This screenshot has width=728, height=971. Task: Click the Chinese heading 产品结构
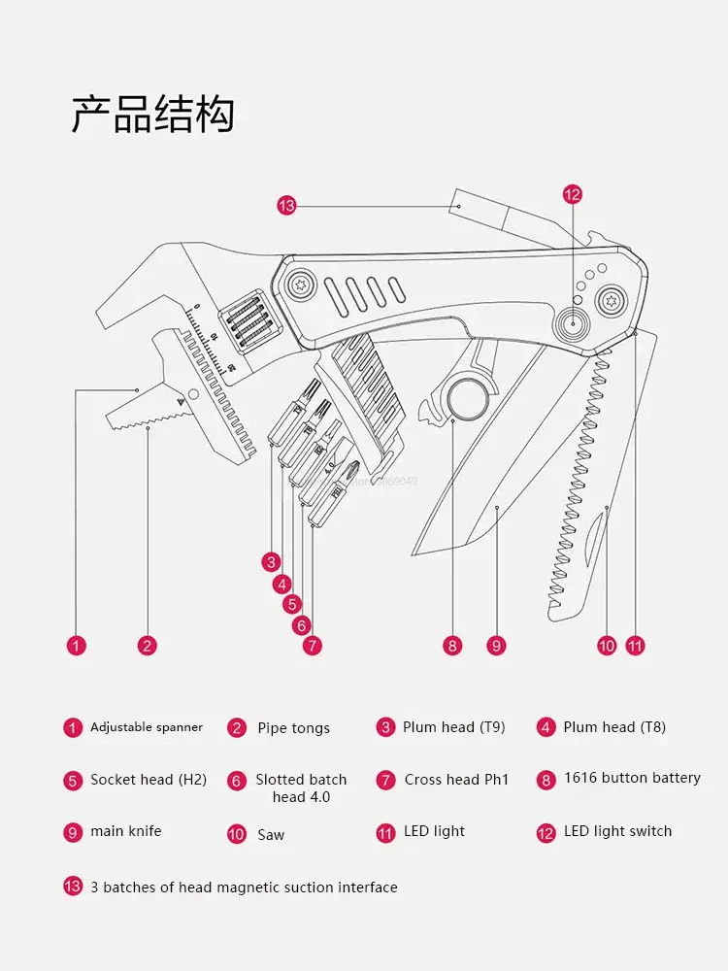point(152,115)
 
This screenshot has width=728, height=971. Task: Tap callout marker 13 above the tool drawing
point(285,205)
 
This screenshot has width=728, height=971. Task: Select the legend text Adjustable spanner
point(147,727)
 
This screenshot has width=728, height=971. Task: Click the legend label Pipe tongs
point(293,728)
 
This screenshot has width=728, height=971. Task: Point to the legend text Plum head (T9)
point(453,727)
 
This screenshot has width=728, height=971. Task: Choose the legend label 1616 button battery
point(632,778)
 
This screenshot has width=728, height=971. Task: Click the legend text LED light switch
point(617,831)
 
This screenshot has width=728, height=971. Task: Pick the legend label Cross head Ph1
point(456,779)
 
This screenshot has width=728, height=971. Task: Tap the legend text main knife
point(126,831)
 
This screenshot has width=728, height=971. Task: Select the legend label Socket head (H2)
point(149,779)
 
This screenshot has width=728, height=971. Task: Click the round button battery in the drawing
point(466,399)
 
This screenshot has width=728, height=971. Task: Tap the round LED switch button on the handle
point(574,324)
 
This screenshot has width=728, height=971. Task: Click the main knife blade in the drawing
point(476,485)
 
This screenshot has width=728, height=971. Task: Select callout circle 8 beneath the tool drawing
point(452,645)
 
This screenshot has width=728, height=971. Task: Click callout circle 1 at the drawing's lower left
point(77,645)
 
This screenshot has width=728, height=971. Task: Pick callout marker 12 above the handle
point(573,194)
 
